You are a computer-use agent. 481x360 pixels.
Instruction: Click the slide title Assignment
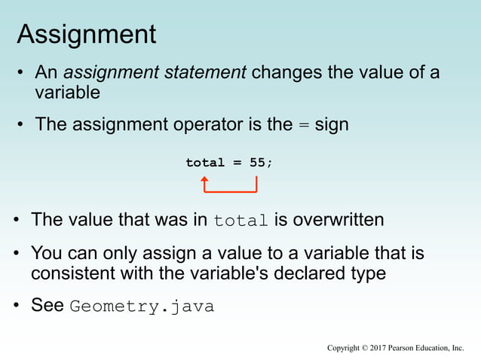[86, 34]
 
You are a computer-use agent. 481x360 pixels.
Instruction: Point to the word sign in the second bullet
[331, 124]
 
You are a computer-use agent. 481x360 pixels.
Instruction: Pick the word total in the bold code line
[205, 163]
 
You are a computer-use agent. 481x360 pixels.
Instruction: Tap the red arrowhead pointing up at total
[204, 180]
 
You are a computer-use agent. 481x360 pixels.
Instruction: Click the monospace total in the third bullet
[241, 221]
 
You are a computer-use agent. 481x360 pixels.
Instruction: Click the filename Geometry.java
[142, 307]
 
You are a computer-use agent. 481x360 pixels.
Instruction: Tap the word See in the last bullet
[47, 306]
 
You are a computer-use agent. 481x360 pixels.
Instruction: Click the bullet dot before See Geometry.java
[17, 307]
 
